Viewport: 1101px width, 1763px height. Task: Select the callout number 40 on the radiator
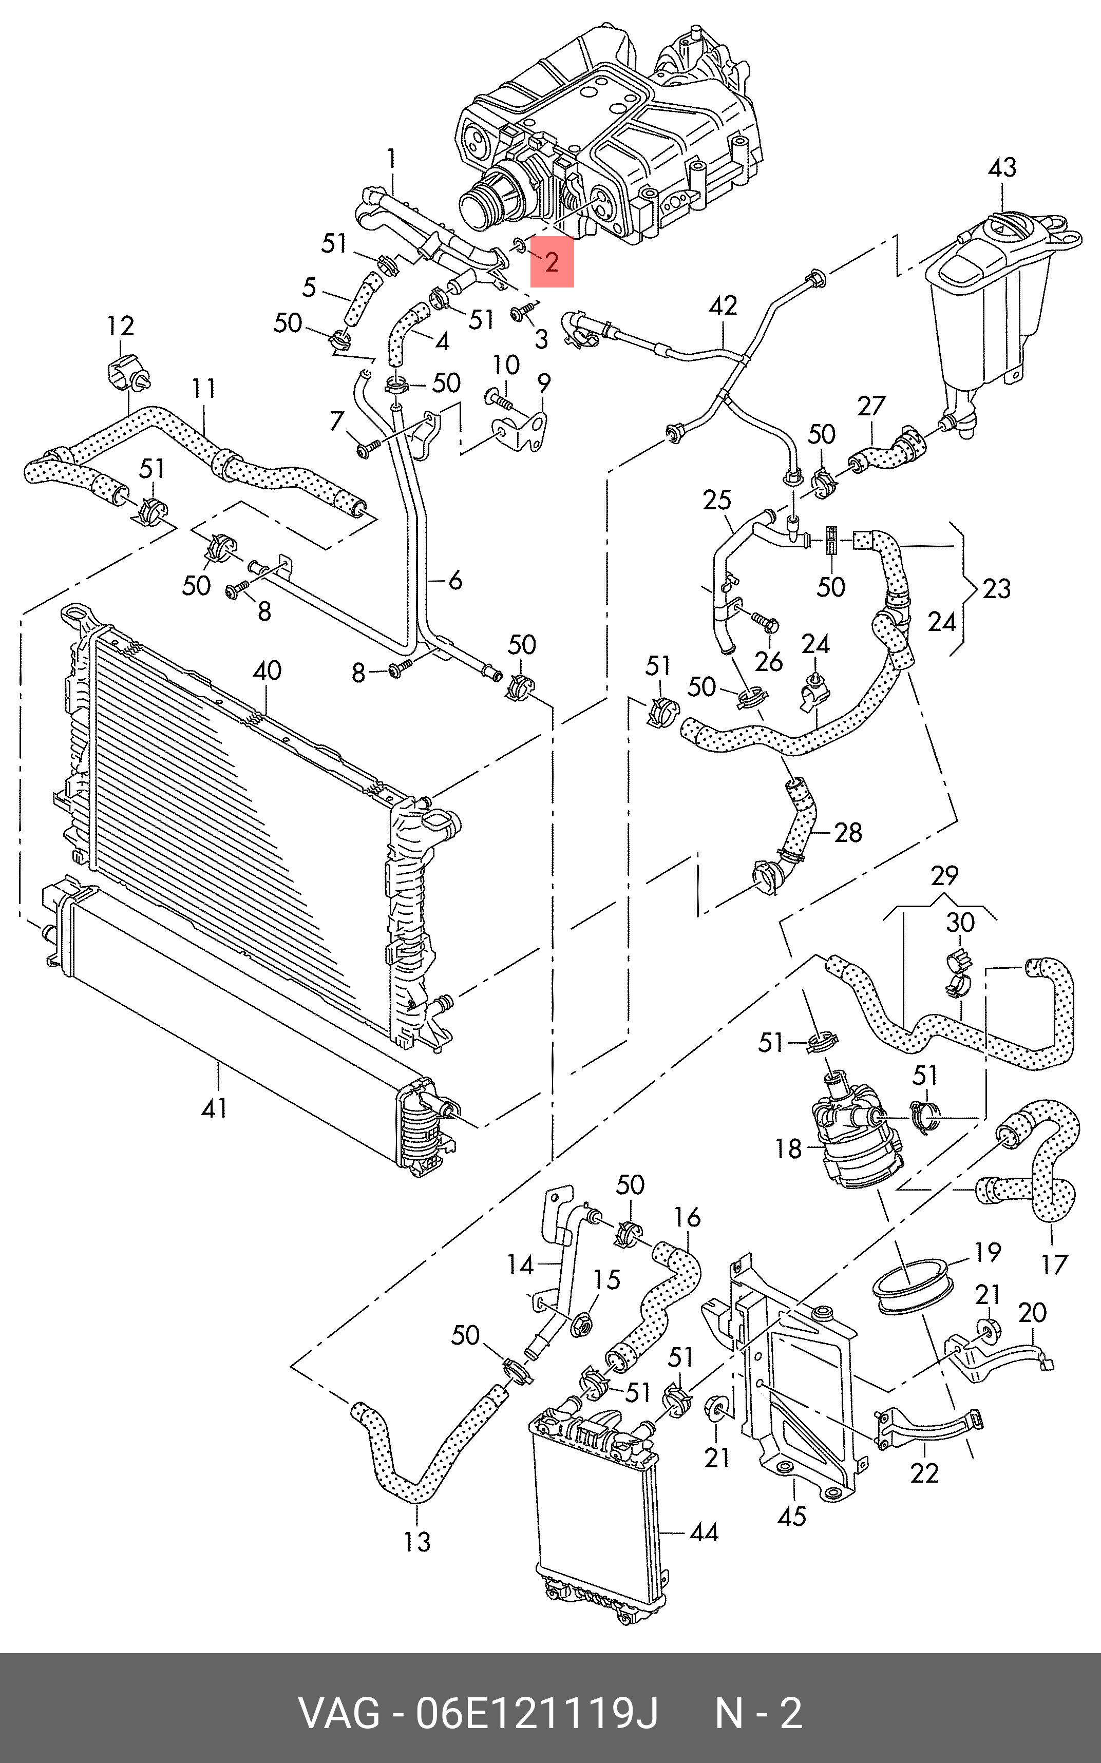pyautogui.click(x=267, y=670)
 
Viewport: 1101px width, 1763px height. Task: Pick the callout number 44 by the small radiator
pyautogui.click(x=704, y=1532)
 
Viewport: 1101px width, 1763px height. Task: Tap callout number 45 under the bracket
pyautogui.click(x=792, y=1516)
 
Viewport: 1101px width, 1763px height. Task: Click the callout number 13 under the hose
pyautogui.click(x=417, y=1541)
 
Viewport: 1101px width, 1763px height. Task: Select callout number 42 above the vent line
pyautogui.click(x=723, y=305)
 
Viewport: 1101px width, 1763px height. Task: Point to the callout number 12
pyautogui.click(x=120, y=326)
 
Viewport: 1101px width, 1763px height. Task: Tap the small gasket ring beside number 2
pyautogui.click(x=519, y=244)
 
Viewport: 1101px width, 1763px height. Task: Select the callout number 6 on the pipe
pyautogui.click(x=455, y=580)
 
